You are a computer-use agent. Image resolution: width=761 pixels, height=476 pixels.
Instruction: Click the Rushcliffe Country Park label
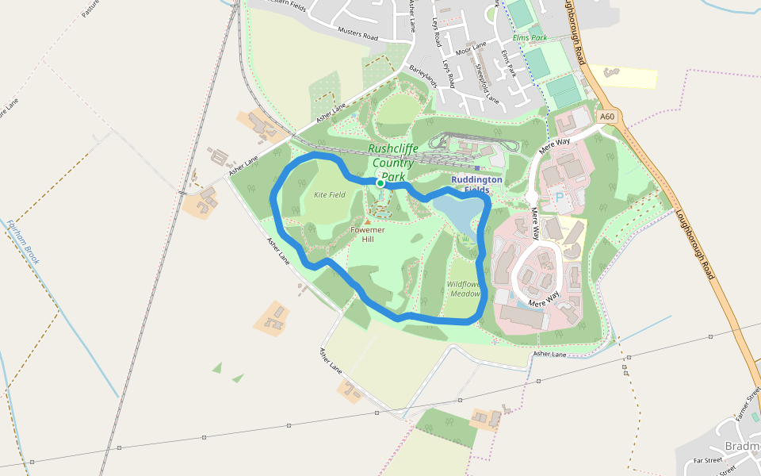click(x=392, y=162)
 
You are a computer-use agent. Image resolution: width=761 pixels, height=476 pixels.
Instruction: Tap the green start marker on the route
click(x=380, y=183)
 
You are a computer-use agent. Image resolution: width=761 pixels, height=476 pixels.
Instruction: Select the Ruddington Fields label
click(x=476, y=185)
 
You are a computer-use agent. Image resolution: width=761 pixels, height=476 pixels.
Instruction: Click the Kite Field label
click(x=330, y=194)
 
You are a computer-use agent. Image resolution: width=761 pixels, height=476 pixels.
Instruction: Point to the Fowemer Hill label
click(x=368, y=234)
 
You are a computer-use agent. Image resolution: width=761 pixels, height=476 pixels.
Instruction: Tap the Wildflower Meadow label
click(x=465, y=289)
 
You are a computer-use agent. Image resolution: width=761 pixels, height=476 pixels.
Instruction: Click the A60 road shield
click(x=607, y=117)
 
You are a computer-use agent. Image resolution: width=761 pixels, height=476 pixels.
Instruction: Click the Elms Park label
click(x=530, y=37)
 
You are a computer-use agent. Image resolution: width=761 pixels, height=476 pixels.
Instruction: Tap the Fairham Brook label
click(x=23, y=242)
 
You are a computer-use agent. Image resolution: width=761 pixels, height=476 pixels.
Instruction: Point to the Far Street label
click(x=708, y=460)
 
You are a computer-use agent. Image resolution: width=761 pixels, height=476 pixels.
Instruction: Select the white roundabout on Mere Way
click(x=532, y=197)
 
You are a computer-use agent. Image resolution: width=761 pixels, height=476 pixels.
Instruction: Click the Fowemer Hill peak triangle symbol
click(x=368, y=222)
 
